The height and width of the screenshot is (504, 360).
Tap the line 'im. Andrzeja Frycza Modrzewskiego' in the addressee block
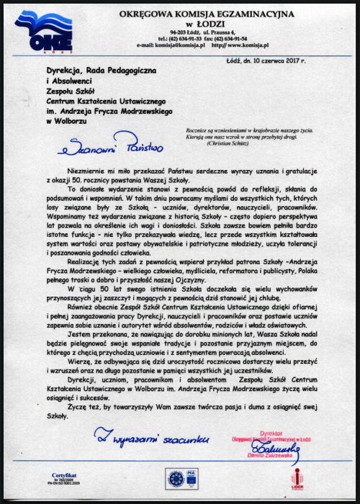101,112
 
